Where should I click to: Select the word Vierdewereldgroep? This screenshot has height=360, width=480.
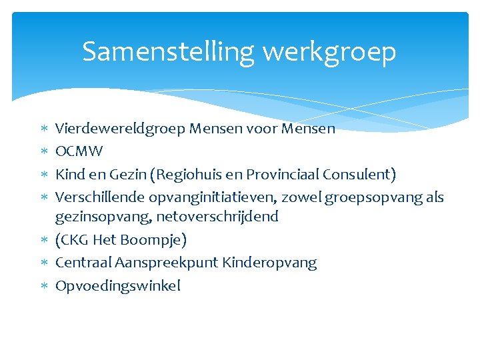pos(120,129)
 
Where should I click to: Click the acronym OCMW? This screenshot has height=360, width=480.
pos(79,151)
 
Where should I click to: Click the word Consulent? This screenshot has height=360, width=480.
pos(359,175)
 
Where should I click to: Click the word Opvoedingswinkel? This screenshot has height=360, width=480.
pos(118,286)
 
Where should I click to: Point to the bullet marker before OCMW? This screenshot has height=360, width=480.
pos(43,152)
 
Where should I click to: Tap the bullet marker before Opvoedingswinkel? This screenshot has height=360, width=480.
pos(43,287)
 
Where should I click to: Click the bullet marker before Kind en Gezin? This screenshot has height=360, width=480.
pos(43,175)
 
